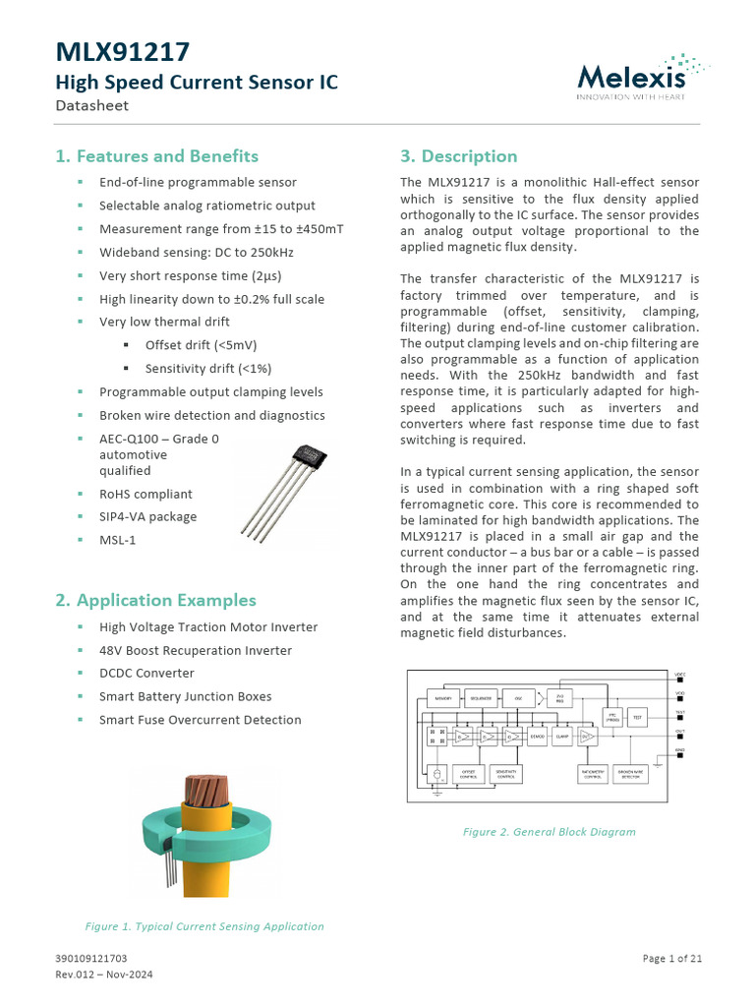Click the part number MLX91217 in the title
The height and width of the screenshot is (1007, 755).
pos(122,52)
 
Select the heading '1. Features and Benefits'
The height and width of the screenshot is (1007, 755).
pos(156,156)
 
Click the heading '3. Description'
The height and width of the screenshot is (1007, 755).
pos(458,156)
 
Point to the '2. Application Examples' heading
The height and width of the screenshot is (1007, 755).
pos(155,600)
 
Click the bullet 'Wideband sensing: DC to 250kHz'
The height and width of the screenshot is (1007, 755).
pos(196,252)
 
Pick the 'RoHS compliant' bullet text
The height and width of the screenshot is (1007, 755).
pos(145,494)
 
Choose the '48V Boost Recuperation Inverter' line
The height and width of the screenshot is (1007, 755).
pos(195,650)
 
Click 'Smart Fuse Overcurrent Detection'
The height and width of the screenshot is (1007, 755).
pos(200,720)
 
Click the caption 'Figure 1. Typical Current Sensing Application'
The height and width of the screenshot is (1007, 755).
pos(204,926)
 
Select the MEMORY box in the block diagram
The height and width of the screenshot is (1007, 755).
pos(442,698)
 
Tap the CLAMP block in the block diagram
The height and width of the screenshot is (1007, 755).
pos(561,736)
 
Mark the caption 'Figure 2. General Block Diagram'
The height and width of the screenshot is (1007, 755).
pos(549,832)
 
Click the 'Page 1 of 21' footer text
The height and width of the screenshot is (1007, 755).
pos(672,959)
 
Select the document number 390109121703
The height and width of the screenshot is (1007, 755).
pos(90,959)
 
